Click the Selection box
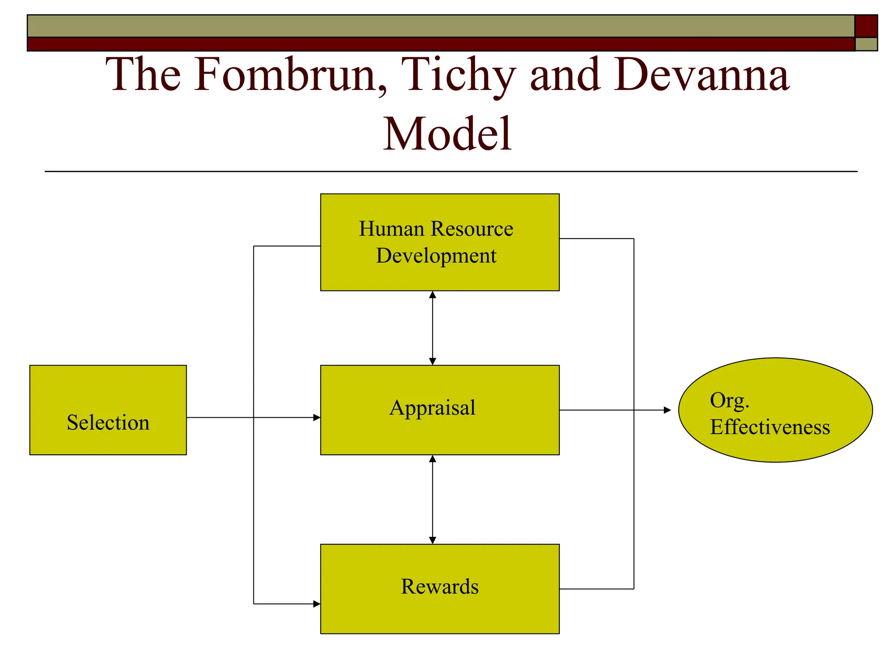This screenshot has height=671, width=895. point(108,410)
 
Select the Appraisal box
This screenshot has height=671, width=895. point(440,410)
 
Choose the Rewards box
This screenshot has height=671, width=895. point(440,588)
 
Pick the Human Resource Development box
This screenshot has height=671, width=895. point(440,242)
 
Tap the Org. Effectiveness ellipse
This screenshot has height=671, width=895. point(775,410)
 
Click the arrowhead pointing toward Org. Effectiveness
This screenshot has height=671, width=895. point(667,410)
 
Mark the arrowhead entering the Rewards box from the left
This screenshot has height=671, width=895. point(317,604)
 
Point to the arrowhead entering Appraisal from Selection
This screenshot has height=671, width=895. point(317,417)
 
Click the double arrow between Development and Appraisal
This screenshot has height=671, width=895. point(432,328)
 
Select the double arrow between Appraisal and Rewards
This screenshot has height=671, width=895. point(432,499)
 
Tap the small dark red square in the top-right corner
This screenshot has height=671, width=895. point(866,26)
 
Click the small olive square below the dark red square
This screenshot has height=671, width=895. point(866,44)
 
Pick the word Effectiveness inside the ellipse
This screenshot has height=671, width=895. point(770,427)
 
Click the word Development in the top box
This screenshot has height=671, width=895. point(436,256)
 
